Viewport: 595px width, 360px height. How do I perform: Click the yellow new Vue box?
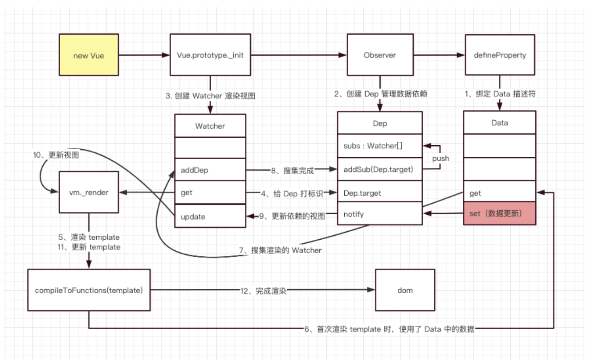89,56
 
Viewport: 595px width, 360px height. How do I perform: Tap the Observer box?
380,56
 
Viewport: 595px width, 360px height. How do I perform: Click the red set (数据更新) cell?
499,214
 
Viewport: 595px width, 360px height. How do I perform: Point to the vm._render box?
89,192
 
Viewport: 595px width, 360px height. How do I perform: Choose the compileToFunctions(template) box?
89,290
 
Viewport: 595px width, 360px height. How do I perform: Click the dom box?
405,290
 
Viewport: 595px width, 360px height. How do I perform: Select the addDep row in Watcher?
210,170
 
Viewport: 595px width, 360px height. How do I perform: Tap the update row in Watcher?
210,216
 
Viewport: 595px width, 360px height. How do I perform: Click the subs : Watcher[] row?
379,146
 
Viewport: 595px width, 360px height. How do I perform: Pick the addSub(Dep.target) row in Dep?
379,169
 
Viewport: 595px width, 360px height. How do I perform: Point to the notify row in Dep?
379,214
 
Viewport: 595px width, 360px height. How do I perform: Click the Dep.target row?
379,193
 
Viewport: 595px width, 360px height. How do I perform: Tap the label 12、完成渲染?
263,291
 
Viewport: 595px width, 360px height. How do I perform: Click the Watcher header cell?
210,126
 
